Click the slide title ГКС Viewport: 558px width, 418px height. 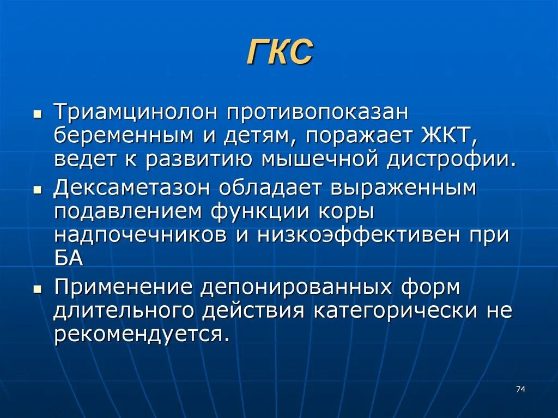point(280,53)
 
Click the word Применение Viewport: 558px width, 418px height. point(123,287)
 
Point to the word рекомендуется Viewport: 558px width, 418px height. point(139,334)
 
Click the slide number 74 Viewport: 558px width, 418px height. point(520,389)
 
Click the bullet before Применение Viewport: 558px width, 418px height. point(37,290)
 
